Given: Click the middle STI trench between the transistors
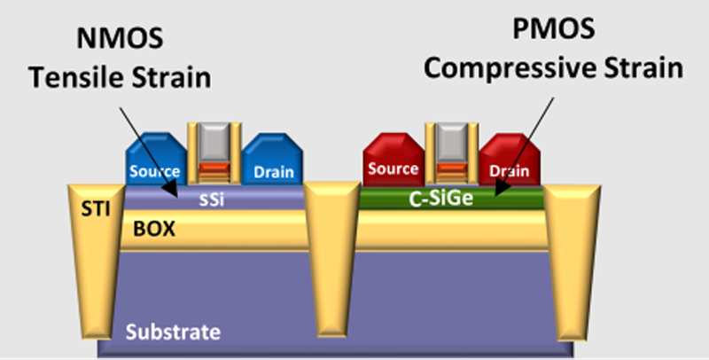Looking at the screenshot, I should (332, 257).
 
